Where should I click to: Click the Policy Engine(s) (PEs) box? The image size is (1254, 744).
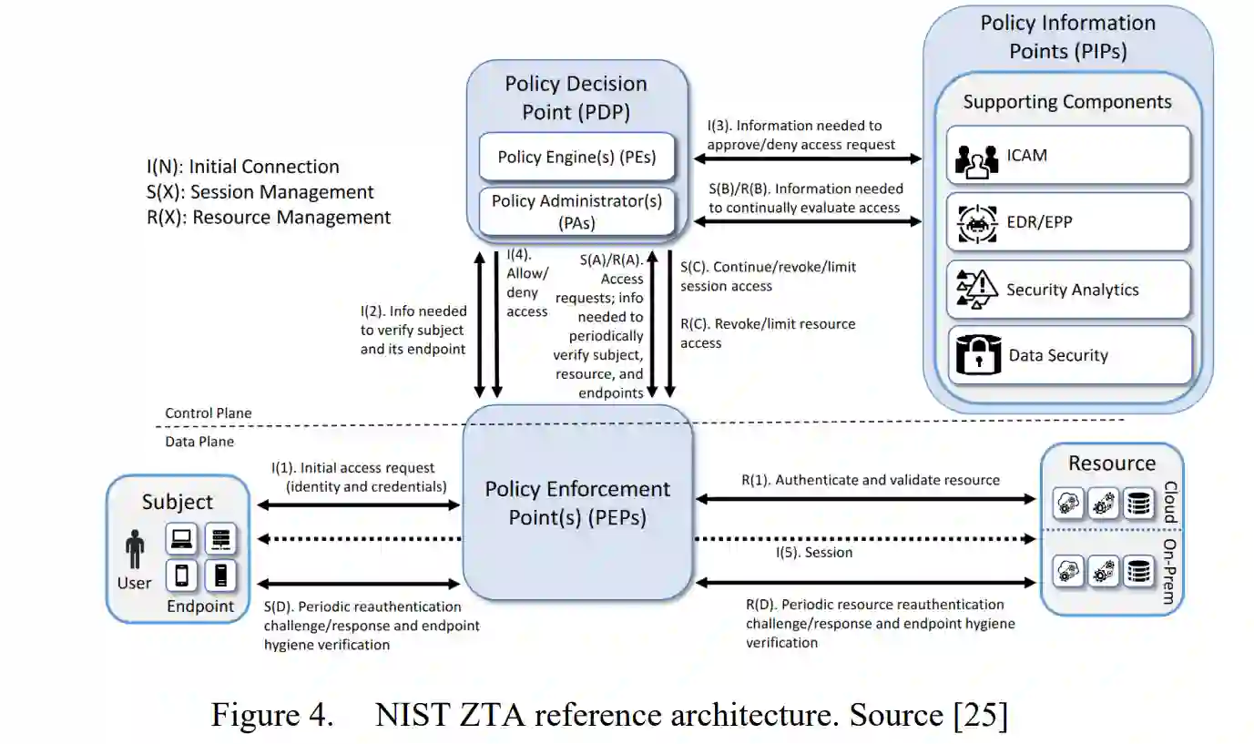(576, 157)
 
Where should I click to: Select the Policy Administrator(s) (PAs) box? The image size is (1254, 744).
(576, 211)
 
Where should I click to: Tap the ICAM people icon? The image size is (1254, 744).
(976, 157)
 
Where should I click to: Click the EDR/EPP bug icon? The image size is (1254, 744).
(977, 221)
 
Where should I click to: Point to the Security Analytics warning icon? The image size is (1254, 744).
(977, 290)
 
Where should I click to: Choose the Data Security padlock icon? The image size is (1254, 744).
(976, 355)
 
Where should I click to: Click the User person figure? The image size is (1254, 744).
(135, 550)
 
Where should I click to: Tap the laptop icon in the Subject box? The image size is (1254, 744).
(181, 540)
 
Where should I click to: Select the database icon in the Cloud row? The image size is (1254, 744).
(1137, 502)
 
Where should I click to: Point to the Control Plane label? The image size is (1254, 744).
(209, 413)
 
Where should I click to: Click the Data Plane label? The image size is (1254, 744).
(199, 442)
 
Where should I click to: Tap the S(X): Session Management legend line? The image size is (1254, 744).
(260, 192)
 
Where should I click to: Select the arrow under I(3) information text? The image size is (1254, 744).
(808, 159)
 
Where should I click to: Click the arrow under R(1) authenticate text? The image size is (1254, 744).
(866, 498)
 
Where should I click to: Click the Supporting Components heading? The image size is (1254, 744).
(1067, 102)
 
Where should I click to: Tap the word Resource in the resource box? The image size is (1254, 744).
(1111, 464)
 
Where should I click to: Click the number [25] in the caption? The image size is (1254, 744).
(980, 715)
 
